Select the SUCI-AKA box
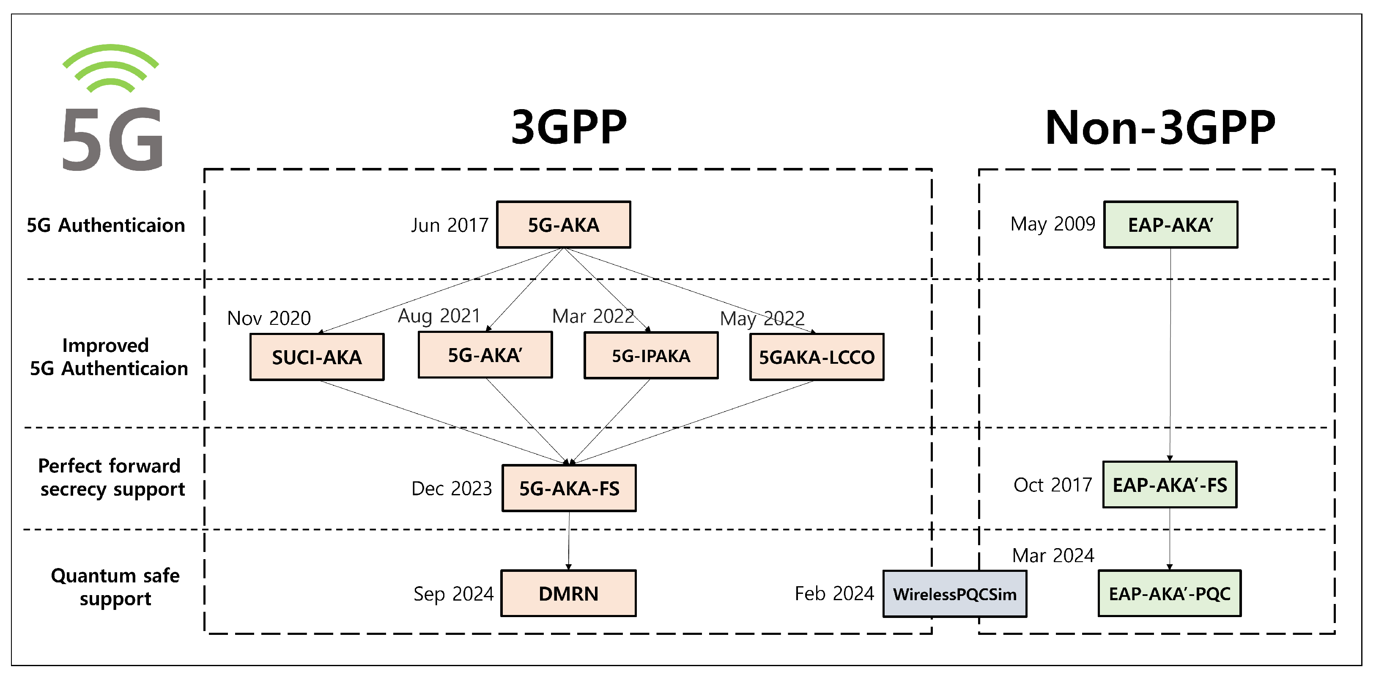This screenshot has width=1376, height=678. point(317,357)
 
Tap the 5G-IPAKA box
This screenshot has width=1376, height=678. point(651,355)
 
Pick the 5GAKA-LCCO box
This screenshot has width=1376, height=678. point(816,357)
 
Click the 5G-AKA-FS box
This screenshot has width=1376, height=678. point(569,488)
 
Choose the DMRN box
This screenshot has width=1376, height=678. point(568,593)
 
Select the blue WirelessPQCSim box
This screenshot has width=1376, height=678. point(954,593)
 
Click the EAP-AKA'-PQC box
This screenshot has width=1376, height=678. point(1169,593)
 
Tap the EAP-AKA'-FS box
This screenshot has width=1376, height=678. point(1169,485)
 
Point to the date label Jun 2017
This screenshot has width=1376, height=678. point(450,225)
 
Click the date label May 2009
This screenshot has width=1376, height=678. point(1053,224)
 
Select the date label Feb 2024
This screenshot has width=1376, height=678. point(834,593)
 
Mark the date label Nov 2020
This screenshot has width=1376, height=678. point(269,318)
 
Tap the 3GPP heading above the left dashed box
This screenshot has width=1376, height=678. point(568,127)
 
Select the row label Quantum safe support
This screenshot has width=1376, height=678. point(115,587)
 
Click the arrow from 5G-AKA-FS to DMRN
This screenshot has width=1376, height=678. point(568,540)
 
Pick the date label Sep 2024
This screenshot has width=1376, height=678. point(453,593)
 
